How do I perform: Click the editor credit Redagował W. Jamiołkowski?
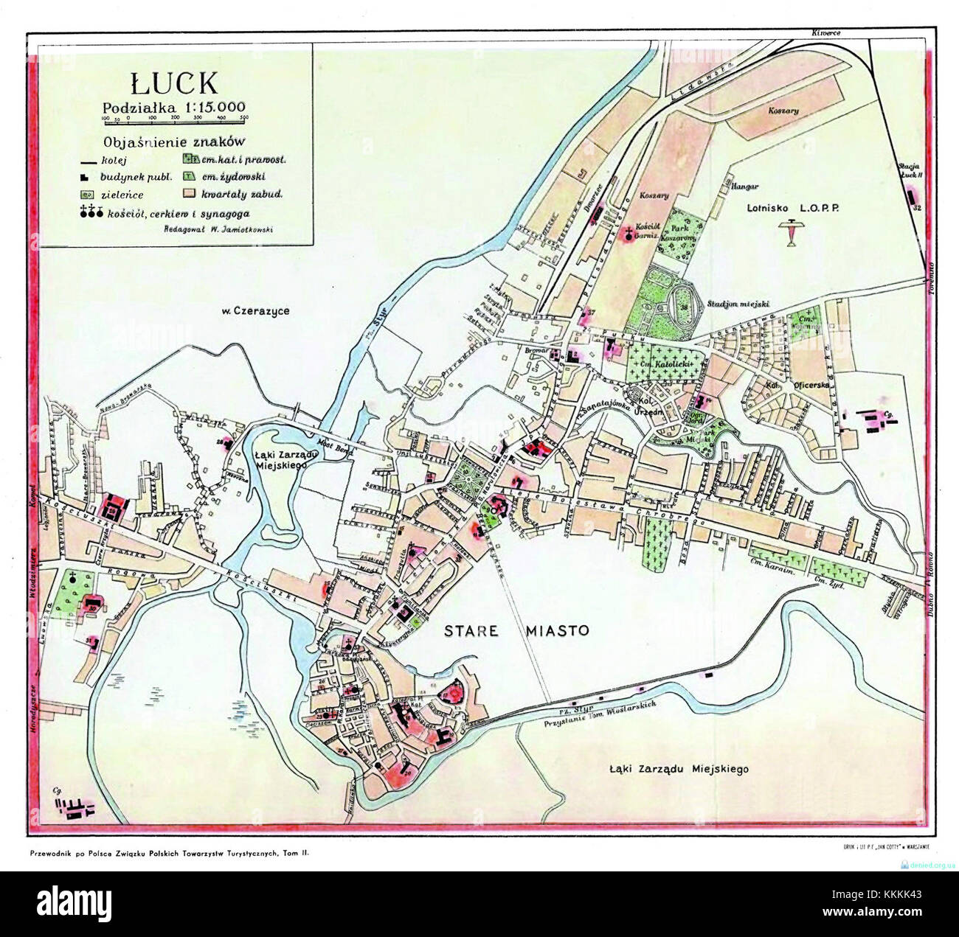point(208,229)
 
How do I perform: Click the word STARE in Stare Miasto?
point(473,630)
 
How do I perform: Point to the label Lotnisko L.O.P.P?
point(794,208)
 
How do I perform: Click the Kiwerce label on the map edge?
point(825,33)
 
